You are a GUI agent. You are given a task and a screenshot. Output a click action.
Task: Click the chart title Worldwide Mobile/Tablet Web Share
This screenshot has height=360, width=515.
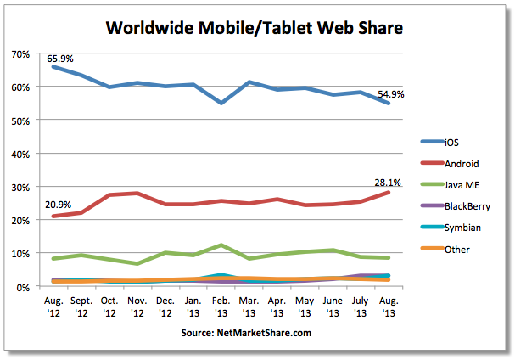coord(254,28)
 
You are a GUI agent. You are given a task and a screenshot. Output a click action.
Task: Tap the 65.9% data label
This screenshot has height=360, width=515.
coord(60,59)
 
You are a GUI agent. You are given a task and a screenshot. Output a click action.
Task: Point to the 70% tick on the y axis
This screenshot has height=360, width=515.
coord(20,53)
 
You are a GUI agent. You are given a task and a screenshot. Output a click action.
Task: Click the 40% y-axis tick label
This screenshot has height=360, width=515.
coord(20,154)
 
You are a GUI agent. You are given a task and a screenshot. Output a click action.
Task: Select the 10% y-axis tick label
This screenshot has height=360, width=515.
coord(20,253)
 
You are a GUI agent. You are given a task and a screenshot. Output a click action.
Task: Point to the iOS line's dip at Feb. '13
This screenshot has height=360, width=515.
coord(221,103)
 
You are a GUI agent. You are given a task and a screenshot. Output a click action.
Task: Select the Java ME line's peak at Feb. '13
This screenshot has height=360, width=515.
coord(221,245)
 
